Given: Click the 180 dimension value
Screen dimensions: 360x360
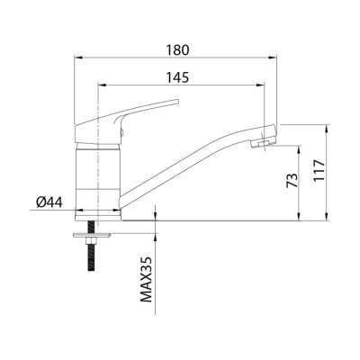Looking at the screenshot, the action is [178, 49].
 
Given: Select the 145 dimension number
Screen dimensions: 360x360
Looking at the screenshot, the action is [178, 77].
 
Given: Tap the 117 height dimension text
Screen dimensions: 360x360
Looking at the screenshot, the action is [319, 170].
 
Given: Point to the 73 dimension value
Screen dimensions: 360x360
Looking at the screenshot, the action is [292, 180].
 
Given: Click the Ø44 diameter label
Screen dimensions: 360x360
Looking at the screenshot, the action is [49, 202].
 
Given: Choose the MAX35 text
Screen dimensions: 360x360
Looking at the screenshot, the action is [147, 279].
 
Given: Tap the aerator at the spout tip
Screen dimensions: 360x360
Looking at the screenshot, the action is [260, 143].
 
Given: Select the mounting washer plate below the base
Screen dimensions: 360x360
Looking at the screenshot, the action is [91, 236].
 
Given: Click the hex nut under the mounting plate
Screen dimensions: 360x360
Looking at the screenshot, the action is [91, 241].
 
